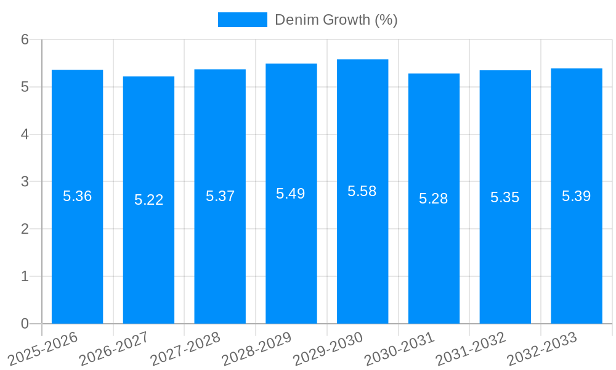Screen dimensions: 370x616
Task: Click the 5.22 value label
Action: tap(148, 200)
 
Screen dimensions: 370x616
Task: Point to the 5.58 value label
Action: tap(362, 191)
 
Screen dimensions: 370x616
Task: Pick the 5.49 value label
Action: tap(291, 194)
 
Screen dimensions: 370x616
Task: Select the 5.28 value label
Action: tap(434, 199)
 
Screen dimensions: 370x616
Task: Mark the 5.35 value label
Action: tap(505, 197)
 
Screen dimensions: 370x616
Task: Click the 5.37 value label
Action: tap(220, 196)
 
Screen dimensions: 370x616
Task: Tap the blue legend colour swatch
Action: tap(242, 20)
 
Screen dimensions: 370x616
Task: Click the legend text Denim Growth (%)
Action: tap(336, 20)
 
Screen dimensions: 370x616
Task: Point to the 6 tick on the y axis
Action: tap(25, 39)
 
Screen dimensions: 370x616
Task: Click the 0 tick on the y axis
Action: tap(25, 324)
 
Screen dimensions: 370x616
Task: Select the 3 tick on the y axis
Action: tap(25, 182)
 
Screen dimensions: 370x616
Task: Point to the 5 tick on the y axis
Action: tap(25, 87)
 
